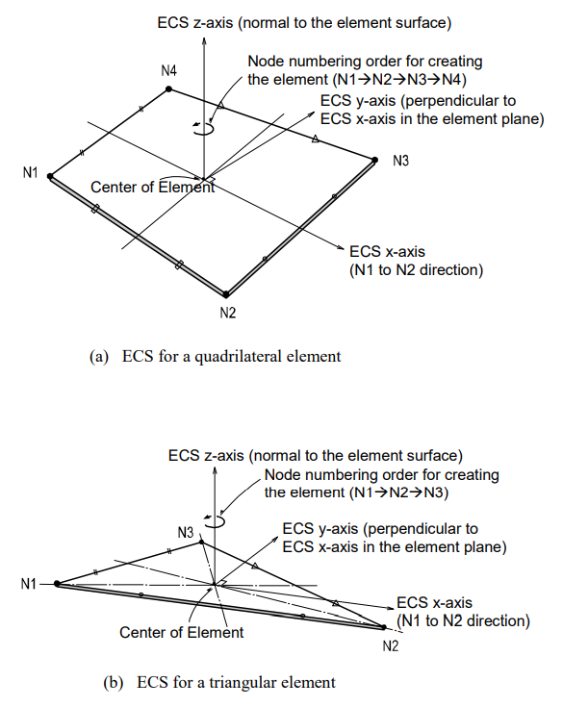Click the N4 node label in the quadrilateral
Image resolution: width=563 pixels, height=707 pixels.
tap(169, 72)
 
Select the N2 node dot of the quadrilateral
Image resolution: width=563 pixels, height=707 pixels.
tap(225, 294)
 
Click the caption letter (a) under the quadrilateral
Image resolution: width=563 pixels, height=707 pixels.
tap(98, 356)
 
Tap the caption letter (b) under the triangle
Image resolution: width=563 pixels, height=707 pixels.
tap(113, 683)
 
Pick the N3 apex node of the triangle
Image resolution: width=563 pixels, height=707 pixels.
tap(201, 542)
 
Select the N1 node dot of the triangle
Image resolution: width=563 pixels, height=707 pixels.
tap(58, 583)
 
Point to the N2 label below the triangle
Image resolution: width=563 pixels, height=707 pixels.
tap(390, 645)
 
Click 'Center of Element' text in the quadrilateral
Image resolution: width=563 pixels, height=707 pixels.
tap(153, 187)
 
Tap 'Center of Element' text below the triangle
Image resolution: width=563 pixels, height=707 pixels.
tap(181, 632)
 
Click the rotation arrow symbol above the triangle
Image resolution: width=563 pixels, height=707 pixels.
tap(220, 520)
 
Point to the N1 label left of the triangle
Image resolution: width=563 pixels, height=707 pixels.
tap(30, 583)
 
